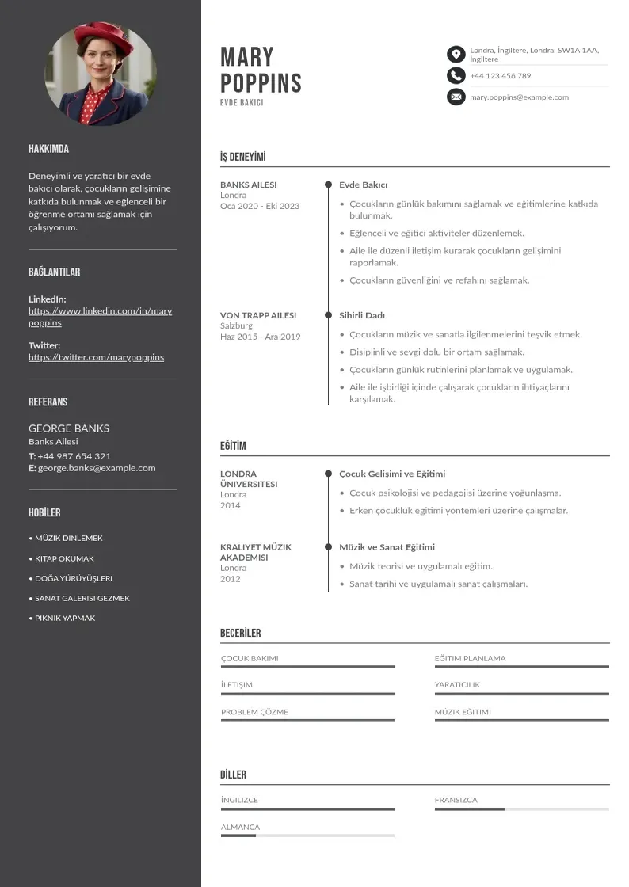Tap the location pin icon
pyautogui.click(x=456, y=54)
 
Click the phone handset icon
pyautogui.click(x=456, y=75)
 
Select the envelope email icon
pyautogui.click(x=456, y=97)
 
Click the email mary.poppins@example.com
pyautogui.click(x=519, y=97)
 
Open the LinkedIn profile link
pyautogui.click(x=100, y=317)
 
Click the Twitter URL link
pyautogui.click(x=96, y=357)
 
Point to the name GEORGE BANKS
pyautogui.click(x=69, y=428)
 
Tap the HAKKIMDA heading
pyautogui.click(x=48, y=149)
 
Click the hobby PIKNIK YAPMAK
pyautogui.click(x=63, y=618)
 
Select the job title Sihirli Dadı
pyautogui.click(x=362, y=315)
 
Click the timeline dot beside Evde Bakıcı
pyautogui.click(x=328, y=185)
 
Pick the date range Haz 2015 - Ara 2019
pyautogui.click(x=260, y=337)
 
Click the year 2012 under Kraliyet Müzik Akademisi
pyautogui.click(x=231, y=579)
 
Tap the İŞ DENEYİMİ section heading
pyautogui.click(x=242, y=157)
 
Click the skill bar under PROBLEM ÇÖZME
pyautogui.click(x=307, y=721)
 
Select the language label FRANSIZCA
pyautogui.click(x=456, y=800)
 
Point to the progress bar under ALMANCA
pyautogui.click(x=307, y=836)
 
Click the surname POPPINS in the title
pyautogui.click(x=261, y=83)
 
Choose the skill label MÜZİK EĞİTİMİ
pyautogui.click(x=463, y=712)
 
